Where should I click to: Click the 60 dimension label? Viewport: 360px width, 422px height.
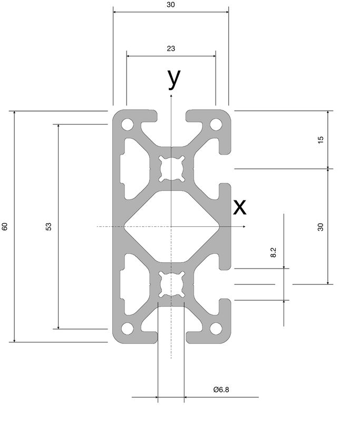(x=5, y=226)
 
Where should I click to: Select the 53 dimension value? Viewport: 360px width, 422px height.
(x=48, y=226)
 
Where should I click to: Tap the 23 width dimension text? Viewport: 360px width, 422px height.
(x=171, y=49)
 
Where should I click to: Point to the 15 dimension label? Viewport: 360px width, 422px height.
(x=321, y=140)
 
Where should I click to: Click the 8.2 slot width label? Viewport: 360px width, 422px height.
(x=273, y=253)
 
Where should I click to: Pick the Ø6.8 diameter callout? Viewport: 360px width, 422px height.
(x=221, y=389)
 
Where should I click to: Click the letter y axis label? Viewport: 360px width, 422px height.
(x=174, y=78)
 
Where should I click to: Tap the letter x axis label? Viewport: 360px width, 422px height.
(x=239, y=207)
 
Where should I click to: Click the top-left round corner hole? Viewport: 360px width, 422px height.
(x=128, y=124)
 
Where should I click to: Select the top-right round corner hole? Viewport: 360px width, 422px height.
(x=216, y=124)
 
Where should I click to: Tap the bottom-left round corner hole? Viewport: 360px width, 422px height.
(x=128, y=328)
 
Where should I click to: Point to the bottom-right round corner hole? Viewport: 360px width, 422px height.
(x=216, y=328)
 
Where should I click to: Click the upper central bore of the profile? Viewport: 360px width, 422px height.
(x=171, y=169)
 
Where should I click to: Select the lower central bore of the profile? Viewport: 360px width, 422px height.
(x=171, y=284)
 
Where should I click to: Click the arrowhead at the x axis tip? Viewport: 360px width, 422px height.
(x=244, y=227)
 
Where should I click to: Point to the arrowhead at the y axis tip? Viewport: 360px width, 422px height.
(x=171, y=95)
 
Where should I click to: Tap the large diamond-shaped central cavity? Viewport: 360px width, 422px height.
(x=171, y=226)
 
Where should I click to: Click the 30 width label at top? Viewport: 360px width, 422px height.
(x=171, y=5)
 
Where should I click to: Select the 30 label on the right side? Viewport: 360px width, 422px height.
(x=321, y=227)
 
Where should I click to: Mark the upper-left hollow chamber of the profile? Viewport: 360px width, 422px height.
(x=134, y=169)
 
